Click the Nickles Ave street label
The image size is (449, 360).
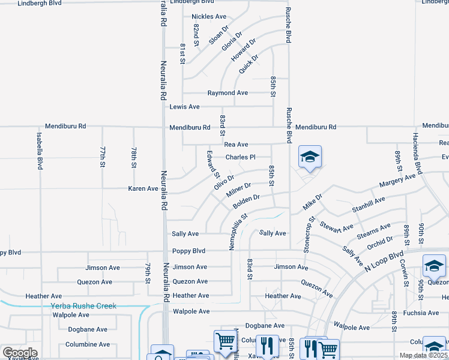point(209,17)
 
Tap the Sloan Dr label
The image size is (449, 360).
point(219,35)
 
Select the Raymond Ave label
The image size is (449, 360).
point(228,93)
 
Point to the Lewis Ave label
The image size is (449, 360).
point(184,107)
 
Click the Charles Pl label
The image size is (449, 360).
point(241,157)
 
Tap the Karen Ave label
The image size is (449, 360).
point(143,188)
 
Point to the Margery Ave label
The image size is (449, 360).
point(397,179)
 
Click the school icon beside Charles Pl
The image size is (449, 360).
point(310,157)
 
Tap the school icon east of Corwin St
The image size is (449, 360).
point(434,265)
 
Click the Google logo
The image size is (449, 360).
point(20,353)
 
